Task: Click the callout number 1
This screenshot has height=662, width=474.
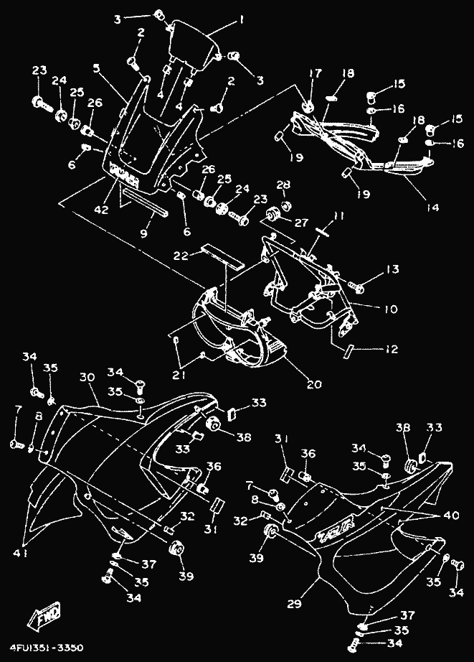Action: point(242,21)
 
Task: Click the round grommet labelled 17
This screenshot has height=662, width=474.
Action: point(308,105)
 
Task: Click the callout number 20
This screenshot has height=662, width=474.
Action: point(314,384)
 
